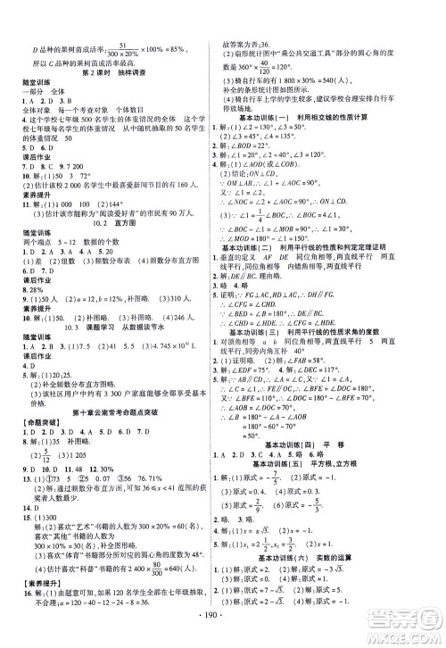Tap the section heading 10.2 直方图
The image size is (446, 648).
113,202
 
